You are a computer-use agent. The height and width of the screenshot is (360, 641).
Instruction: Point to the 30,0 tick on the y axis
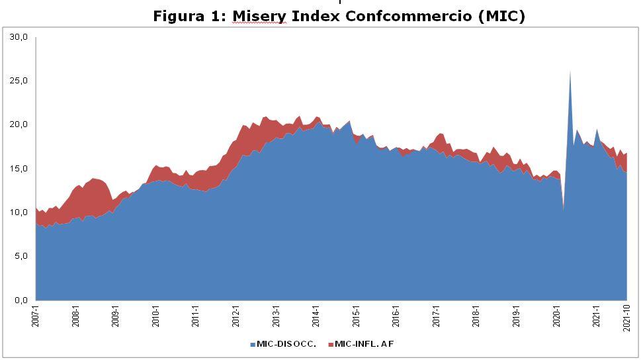click(x=19, y=37)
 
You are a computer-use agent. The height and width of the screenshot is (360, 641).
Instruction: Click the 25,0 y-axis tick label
click(x=19, y=81)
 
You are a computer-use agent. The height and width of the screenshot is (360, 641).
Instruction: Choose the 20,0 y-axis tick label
click(x=19, y=124)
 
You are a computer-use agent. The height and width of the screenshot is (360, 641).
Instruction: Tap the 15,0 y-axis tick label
click(x=19, y=169)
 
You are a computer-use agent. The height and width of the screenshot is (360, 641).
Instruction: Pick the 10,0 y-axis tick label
click(x=19, y=212)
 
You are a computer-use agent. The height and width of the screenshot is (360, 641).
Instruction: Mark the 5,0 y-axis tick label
click(x=21, y=256)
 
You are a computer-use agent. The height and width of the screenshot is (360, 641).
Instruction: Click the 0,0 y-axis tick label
click(x=21, y=300)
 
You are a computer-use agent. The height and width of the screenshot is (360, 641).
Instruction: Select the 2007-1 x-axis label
click(x=36, y=316)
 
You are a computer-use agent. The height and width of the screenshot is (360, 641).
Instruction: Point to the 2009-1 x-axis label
click(x=116, y=316)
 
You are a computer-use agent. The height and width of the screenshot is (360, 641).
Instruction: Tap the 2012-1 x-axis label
click(x=236, y=316)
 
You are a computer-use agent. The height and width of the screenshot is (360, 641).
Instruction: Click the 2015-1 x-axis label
click(x=356, y=316)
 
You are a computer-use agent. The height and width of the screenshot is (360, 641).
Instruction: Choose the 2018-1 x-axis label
click(x=476, y=316)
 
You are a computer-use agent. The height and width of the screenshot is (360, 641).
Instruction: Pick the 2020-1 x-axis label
click(x=556, y=316)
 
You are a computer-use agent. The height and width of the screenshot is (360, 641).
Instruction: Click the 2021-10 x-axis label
click(x=626, y=317)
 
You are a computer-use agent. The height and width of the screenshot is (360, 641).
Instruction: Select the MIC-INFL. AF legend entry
click(x=364, y=344)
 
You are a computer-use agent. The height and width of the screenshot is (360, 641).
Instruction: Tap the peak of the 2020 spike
click(x=570, y=71)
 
